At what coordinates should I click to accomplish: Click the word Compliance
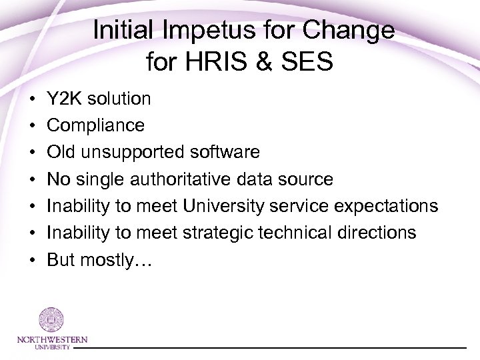pyautogui.click(x=95, y=125)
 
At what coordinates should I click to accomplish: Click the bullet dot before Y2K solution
pyautogui.click(x=32, y=99)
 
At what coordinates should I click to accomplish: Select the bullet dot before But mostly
pyautogui.click(x=32, y=259)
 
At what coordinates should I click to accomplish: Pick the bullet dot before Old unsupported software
pyautogui.click(x=32, y=153)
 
